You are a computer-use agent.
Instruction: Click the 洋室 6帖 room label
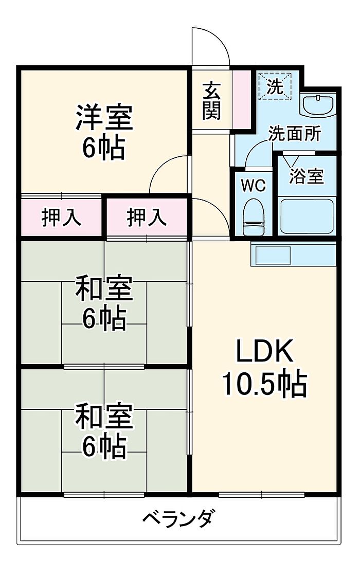[x=104, y=132]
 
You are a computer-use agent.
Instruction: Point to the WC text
[x=253, y=186]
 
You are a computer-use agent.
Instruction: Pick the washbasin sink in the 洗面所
[x=318, y=105]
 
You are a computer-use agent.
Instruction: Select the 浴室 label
[x=307, y=176]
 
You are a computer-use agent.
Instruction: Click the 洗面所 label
[x=295, y=134]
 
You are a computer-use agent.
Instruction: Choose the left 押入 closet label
[x=61, y=218]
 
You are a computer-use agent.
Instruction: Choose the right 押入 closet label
[x=147, y=218]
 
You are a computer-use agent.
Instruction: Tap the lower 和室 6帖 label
[x=104, y=431]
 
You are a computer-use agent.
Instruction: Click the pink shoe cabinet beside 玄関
[x=240, y=99]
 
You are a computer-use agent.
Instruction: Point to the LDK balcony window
[x=261, y=495]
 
